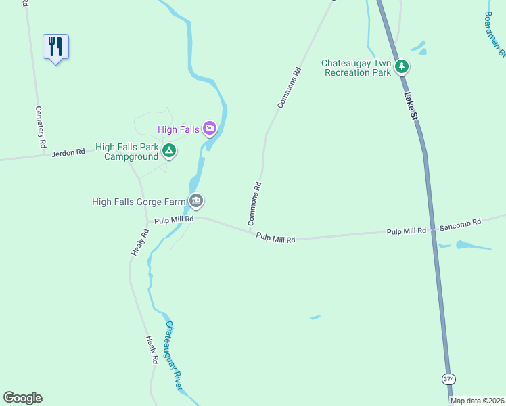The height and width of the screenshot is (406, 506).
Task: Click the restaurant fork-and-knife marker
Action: click(x=55, y=47)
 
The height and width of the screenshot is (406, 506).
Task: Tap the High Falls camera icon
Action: click(x=210, y=128)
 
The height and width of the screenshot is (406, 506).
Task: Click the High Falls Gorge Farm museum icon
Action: click(x=196, y=200)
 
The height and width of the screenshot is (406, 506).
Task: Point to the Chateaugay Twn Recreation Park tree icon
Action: click(x=402, y=66)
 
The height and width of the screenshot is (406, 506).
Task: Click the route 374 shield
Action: click(x=448, y=379)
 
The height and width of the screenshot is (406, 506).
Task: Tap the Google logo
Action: click(x=22, y=398)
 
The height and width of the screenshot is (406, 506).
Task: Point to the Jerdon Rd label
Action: click(x=71, y=152)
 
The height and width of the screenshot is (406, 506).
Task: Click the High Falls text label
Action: click(x=179, y=129)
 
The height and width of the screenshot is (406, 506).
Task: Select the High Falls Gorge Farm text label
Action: click(x=139, y=202)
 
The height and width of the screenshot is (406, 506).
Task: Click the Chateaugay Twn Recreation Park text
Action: click(x=357, y=68)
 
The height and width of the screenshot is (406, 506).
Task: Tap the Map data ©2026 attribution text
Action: click(x=478, y=401)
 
